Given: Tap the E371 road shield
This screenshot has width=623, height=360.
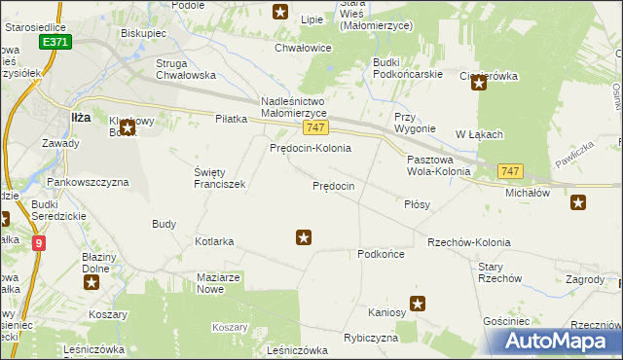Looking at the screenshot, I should pos(55,44).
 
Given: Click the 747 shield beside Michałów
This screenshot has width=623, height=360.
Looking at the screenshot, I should pos(510,171).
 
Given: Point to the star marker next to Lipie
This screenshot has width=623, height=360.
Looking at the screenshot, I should pos(280,12).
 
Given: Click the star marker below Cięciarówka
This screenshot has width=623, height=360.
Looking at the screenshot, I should pos(479,84).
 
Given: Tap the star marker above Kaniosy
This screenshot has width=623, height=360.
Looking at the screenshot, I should pos(418,304).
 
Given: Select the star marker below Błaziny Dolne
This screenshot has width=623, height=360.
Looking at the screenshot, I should pos(92,283).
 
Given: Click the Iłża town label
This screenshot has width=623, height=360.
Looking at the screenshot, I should pos(83,118).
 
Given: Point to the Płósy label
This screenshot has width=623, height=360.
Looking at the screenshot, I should pos(417,205).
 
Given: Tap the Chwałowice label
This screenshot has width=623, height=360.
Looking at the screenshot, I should pos(304,47).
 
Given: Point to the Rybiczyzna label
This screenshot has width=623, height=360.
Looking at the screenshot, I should pos(371,338).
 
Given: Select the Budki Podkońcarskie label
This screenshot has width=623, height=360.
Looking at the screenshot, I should pos(408,68).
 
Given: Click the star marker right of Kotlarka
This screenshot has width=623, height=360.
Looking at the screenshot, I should pos(304,236).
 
